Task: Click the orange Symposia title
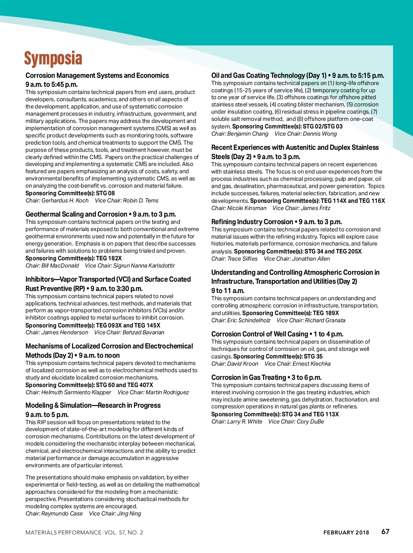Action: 53,59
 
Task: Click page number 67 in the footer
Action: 385,532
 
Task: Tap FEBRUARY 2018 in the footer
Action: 346,532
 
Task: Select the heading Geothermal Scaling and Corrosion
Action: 76,214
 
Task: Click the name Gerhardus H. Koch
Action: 65,200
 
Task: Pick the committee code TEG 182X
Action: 109,258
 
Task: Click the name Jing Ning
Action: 129,513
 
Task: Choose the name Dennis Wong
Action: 320,134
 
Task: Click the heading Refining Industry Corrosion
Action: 252,222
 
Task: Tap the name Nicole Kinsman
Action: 247,208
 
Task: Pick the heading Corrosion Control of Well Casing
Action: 260,334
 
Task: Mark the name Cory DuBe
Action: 310,421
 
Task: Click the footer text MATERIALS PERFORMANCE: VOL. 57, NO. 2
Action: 84,532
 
